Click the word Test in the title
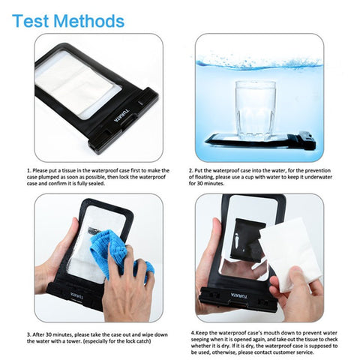click(30, 21)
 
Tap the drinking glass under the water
click(255, 110)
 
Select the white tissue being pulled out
click(291, 253)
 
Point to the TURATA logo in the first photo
click(122, 115)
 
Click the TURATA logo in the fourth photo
click(238, 296)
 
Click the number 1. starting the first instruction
click(29, 171)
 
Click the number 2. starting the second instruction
click(190, 171)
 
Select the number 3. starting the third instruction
click(29, 334)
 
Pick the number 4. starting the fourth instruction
click(193, 333)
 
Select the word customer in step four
click(284, 352)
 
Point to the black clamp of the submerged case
click(307, 140)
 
